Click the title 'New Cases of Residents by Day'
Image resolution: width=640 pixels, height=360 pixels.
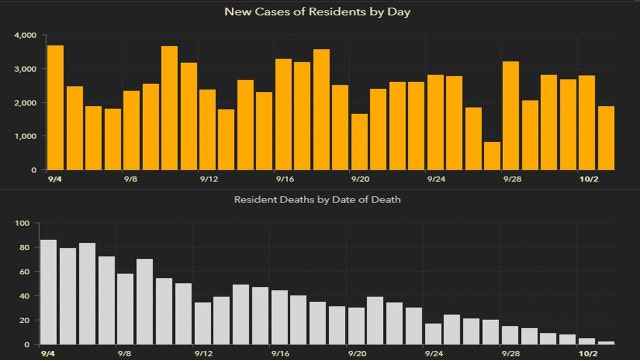tap(319, 12)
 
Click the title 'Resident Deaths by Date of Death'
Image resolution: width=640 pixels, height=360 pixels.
tap(319, 200)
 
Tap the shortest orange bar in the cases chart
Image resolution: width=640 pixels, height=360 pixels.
tap(492, 155)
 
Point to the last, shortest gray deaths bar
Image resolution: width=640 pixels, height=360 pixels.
tap(606, 343)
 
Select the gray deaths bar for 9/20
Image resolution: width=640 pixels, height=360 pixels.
tap(356, 326)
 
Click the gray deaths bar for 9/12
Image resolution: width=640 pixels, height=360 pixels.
tap(203, 323)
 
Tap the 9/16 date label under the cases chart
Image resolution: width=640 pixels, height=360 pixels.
tap(284, 179)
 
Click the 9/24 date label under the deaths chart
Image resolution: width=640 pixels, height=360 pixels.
tap(436, 354)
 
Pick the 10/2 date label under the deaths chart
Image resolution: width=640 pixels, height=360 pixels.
tap(590, 354)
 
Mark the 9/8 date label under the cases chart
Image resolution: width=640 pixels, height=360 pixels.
tap(131, 179)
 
